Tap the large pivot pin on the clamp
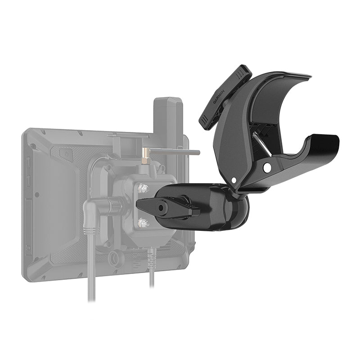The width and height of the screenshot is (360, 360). click(267, 168)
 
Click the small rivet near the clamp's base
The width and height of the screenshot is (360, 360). click(234, 180)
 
